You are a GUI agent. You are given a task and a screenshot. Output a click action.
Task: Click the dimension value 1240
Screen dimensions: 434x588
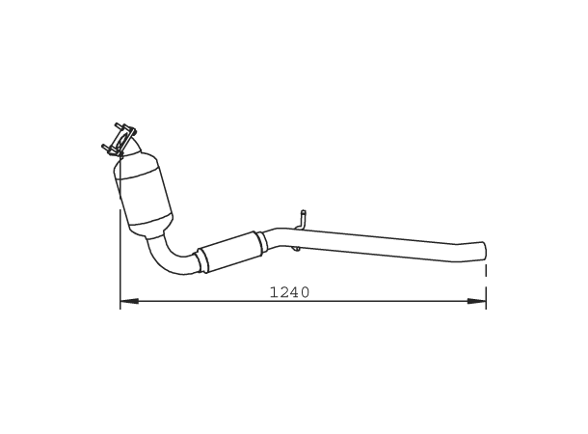click(x=289, y=292)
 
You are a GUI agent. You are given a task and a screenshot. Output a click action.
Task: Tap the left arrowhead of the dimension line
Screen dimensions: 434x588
click(x=126, y=302)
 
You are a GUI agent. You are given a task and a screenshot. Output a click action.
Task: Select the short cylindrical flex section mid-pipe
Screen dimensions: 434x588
click(x=229, y=250)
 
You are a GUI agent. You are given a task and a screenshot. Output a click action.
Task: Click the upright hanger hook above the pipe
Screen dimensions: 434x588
click(x=303, y=219)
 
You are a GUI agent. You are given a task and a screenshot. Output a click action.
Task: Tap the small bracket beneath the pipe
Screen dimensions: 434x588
click(x=296, y=250)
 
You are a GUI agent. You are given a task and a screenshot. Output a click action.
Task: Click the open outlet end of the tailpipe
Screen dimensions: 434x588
click(x=484, y=250)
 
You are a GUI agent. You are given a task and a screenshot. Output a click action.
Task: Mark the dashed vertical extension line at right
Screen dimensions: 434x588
click(x=486, y=285)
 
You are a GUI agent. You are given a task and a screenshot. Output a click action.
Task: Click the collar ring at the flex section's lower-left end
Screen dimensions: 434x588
click(x=201, y=261)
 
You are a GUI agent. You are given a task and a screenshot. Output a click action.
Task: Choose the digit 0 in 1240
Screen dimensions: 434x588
click(x=305, y=292)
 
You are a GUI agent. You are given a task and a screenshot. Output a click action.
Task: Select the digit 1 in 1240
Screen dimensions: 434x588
click(x=274, y=292)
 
